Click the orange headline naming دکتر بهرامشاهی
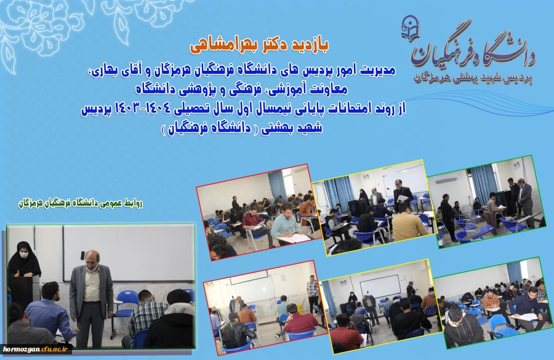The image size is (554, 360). click(258, 46)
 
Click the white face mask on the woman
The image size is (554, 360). click(25, 254)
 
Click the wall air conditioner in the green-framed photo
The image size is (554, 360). click(448, 178)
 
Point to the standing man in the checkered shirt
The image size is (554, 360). click(313, 292)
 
